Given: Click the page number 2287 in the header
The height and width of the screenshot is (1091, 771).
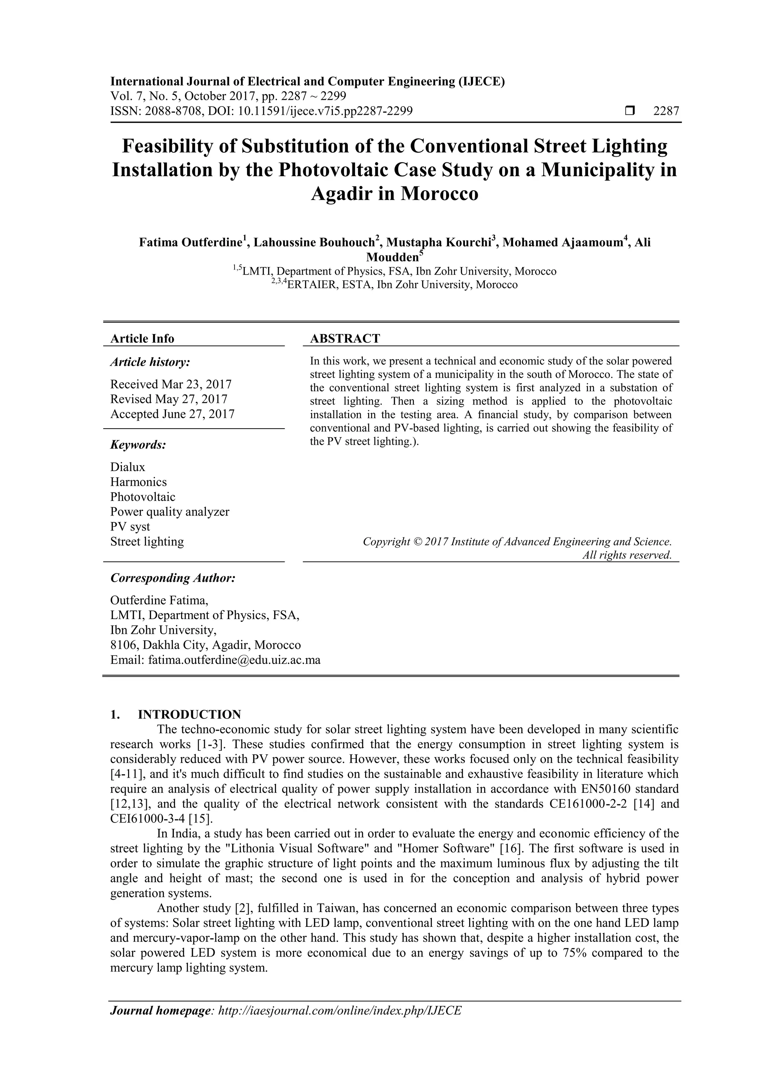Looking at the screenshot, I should (666, 111).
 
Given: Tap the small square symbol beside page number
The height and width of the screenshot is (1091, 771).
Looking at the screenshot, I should (630, 111).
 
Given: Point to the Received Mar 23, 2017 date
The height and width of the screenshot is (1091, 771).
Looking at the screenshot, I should (171, 384).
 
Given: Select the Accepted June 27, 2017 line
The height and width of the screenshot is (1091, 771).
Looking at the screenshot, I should (172, 414).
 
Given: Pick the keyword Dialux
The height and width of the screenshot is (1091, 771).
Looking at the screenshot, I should (128, 467).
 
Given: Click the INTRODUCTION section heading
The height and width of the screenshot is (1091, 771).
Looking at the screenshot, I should (189, 715).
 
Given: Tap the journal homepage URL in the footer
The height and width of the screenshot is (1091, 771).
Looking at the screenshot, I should (339, 1010).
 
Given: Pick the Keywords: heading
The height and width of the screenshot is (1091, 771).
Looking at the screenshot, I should (138, 445).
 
